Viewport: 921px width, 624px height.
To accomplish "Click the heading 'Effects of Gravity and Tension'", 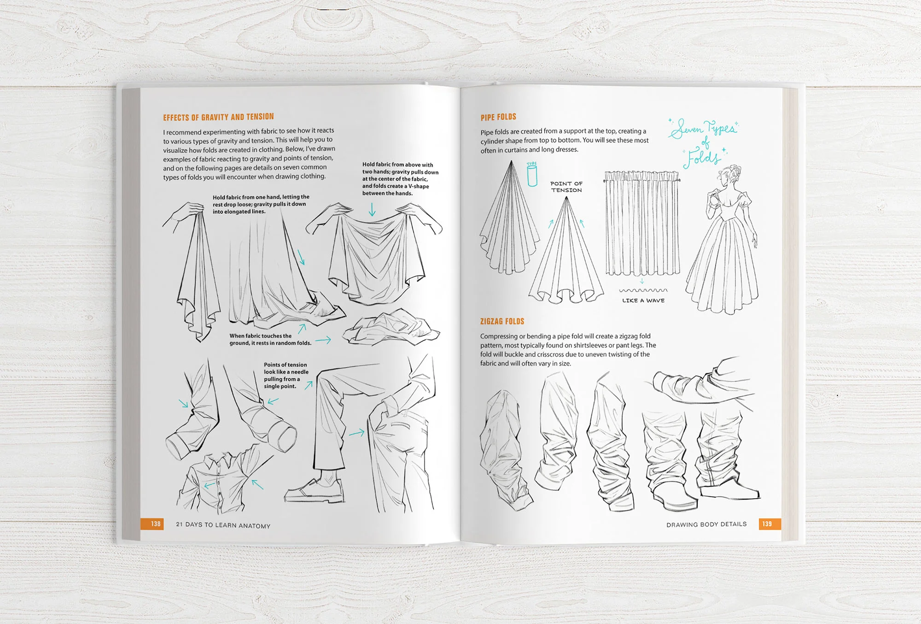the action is (218, 117).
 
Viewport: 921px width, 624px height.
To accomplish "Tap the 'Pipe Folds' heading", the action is (498, 117).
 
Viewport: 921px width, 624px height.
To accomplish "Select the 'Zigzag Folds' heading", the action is (502, 321).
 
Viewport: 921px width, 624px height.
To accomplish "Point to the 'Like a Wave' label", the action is (643, 300).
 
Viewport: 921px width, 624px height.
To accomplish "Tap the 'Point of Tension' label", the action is (566, 187).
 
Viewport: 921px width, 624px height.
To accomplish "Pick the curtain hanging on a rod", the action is (642, 224).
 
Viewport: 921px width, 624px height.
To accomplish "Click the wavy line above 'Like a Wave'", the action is (643, 290).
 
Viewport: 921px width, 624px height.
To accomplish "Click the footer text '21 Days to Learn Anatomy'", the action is (223, 525).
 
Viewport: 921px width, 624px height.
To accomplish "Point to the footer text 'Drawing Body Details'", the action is (706, 524).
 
